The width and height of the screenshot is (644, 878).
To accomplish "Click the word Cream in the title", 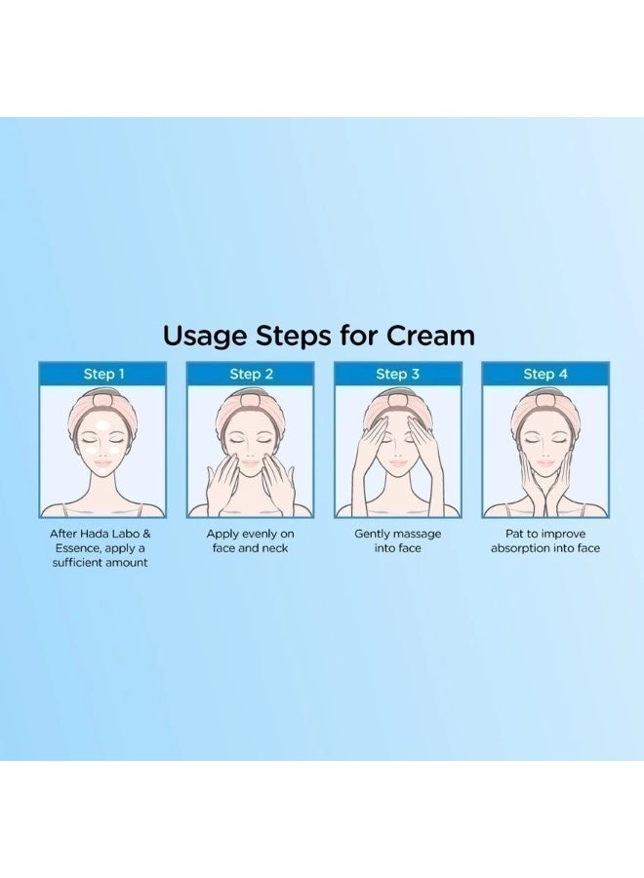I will pos(430,336).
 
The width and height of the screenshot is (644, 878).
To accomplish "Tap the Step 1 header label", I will pos(103,374).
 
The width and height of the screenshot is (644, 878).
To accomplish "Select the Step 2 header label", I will pos(251,374).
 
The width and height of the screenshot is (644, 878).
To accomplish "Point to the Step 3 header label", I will pos(397,374).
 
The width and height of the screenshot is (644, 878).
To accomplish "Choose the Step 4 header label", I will pos(544,374).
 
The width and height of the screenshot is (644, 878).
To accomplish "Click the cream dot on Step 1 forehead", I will pos(103,423).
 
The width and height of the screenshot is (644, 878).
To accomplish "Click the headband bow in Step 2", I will pos(251,397).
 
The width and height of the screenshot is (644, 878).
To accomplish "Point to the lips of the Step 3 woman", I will pos(397,467).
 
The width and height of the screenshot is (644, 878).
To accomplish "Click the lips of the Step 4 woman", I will pos(544,467).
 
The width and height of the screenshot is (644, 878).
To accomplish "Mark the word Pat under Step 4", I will pos(506,534).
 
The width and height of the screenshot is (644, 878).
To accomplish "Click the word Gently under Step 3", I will pos(374,534).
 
